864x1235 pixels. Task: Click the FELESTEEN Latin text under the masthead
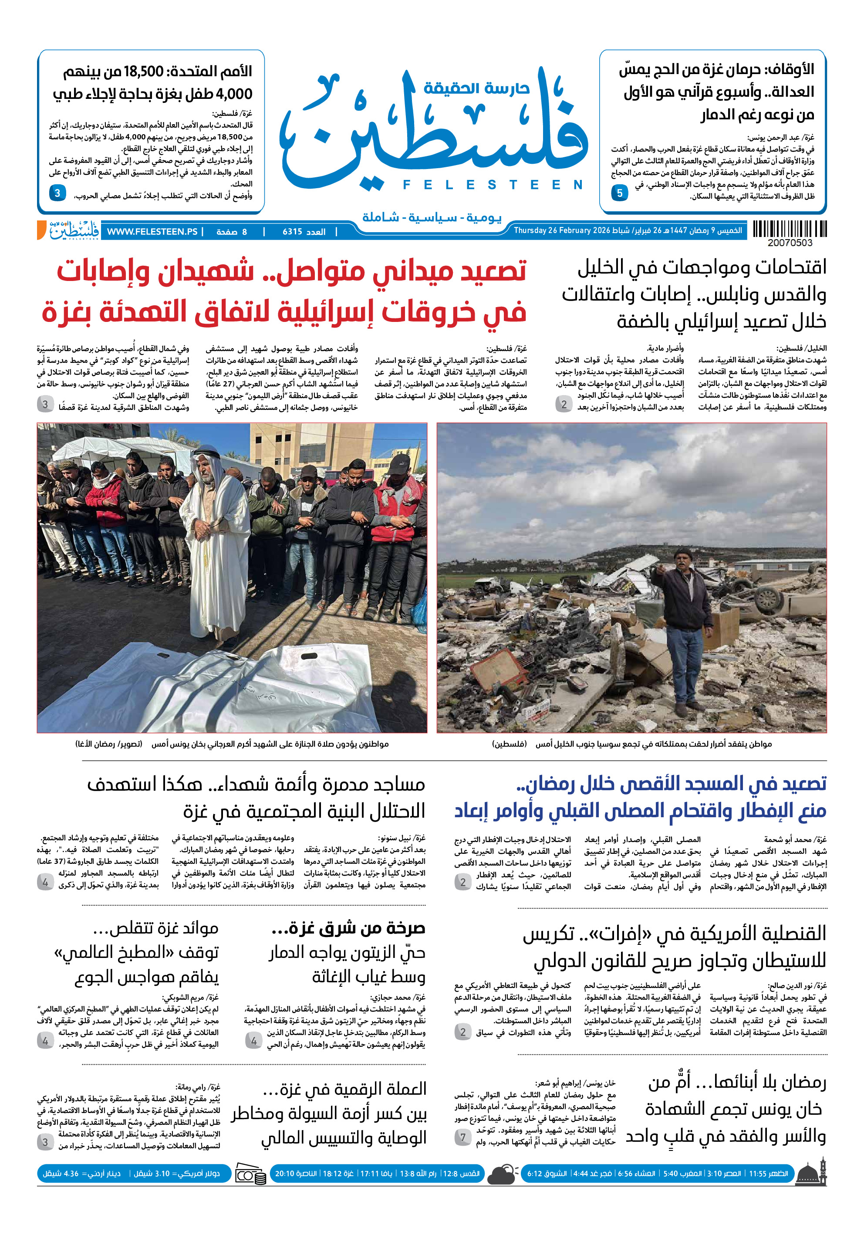coord(493,185)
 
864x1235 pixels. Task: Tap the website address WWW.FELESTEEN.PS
coord(152,232)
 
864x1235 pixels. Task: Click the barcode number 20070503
coord(790,243)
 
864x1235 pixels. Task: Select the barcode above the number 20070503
coord(789,229)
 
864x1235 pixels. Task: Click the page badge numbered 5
coord(619,193)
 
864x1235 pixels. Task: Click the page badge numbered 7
coord(462,1137)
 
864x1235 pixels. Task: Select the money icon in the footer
coord(250,1175)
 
